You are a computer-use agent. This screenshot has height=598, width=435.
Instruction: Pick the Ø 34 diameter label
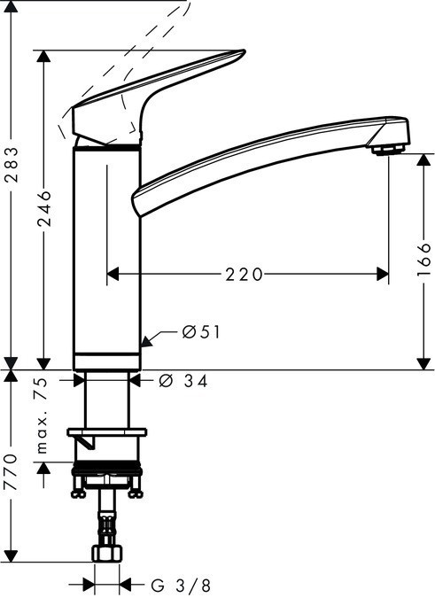(x=187, y=381)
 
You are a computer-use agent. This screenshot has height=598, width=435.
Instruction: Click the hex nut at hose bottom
(x=106, y=554)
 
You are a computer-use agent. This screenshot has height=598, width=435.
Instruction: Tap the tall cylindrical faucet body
(x=105, y=257)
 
